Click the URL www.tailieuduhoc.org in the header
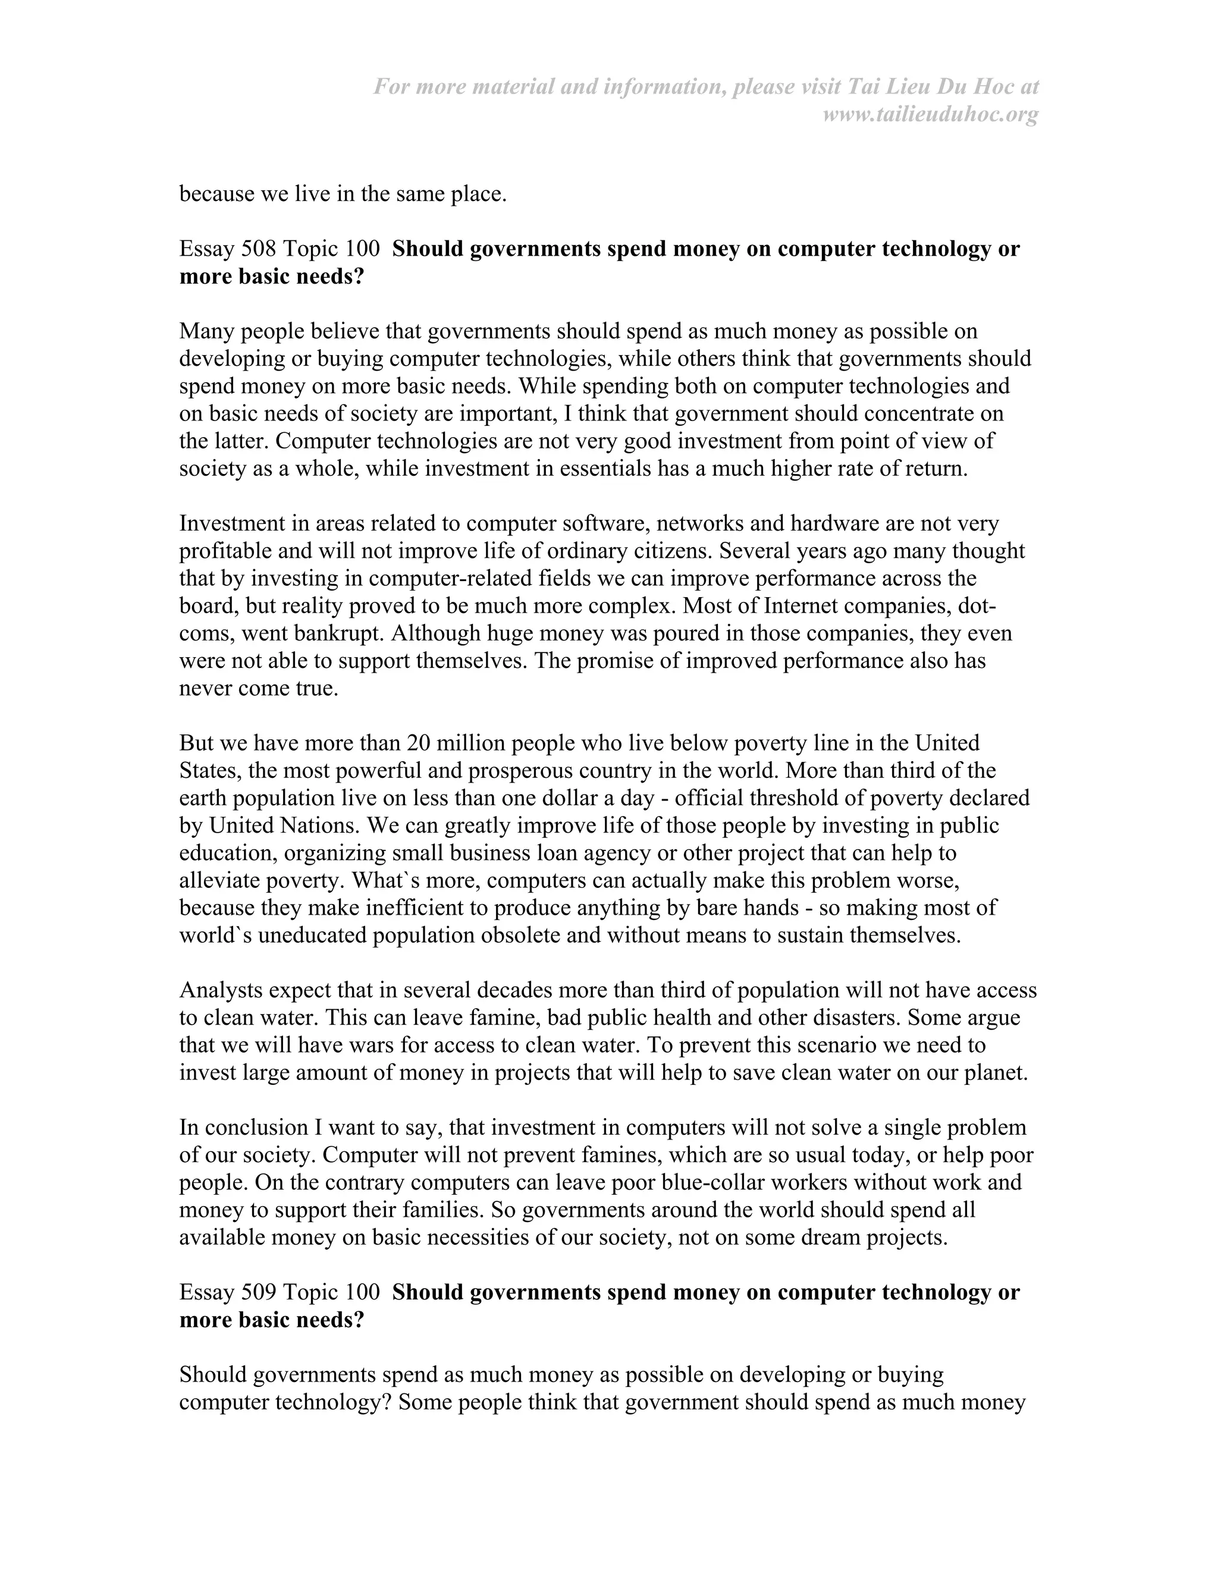930,115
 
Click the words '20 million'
454,743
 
